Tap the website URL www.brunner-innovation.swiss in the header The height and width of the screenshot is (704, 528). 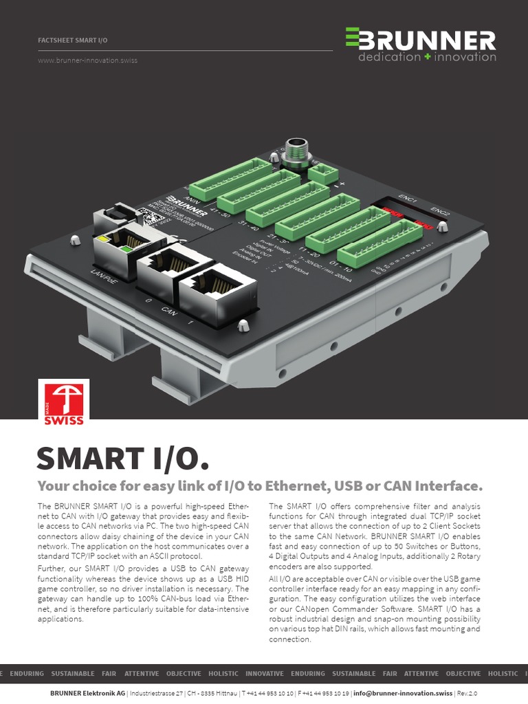(87, 60)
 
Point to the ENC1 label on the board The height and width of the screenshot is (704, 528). (407, 199)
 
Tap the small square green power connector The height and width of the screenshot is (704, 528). (322, 173)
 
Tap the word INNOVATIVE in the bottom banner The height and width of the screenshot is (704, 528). (264, 674)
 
